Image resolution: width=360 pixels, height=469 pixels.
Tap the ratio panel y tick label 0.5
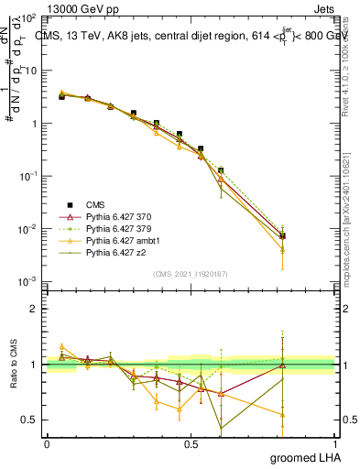[x=29, y=420]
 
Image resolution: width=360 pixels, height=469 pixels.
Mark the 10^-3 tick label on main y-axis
[x=27, y=281]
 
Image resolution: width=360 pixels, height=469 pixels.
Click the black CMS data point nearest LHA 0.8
[x=282, y=235]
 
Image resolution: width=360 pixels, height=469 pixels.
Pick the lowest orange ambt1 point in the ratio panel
[x=282, y=415]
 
